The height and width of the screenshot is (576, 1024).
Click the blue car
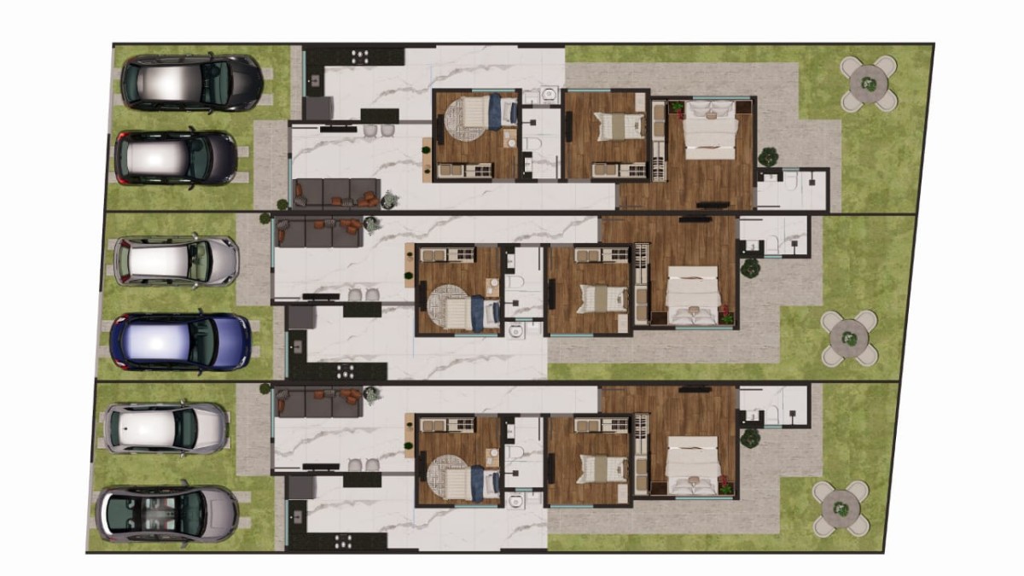pyautogui.click(x=181, y=342)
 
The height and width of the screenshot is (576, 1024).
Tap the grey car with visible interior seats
pyautogui.click(x=167, y=514)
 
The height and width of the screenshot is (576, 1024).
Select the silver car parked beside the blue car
pyautogui.click(x=175, y=261)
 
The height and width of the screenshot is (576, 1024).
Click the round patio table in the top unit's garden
pyautogui.click(x=869, y=84)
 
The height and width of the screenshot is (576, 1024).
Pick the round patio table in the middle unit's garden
pyautogui.click(x=850, y=339)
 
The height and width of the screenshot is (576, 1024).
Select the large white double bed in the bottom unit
pyautogui.click(x=693, y=466)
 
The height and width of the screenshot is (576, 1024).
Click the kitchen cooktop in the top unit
pyautogui.click(x=360, y=55)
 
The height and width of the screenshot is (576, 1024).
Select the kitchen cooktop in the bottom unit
pyautogui.click(x=346, y=540)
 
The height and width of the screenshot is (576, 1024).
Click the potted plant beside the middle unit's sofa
pyautogui.click(x=372, y=225)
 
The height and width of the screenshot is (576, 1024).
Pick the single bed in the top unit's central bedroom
pyautogui.click(x=610, y=126)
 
